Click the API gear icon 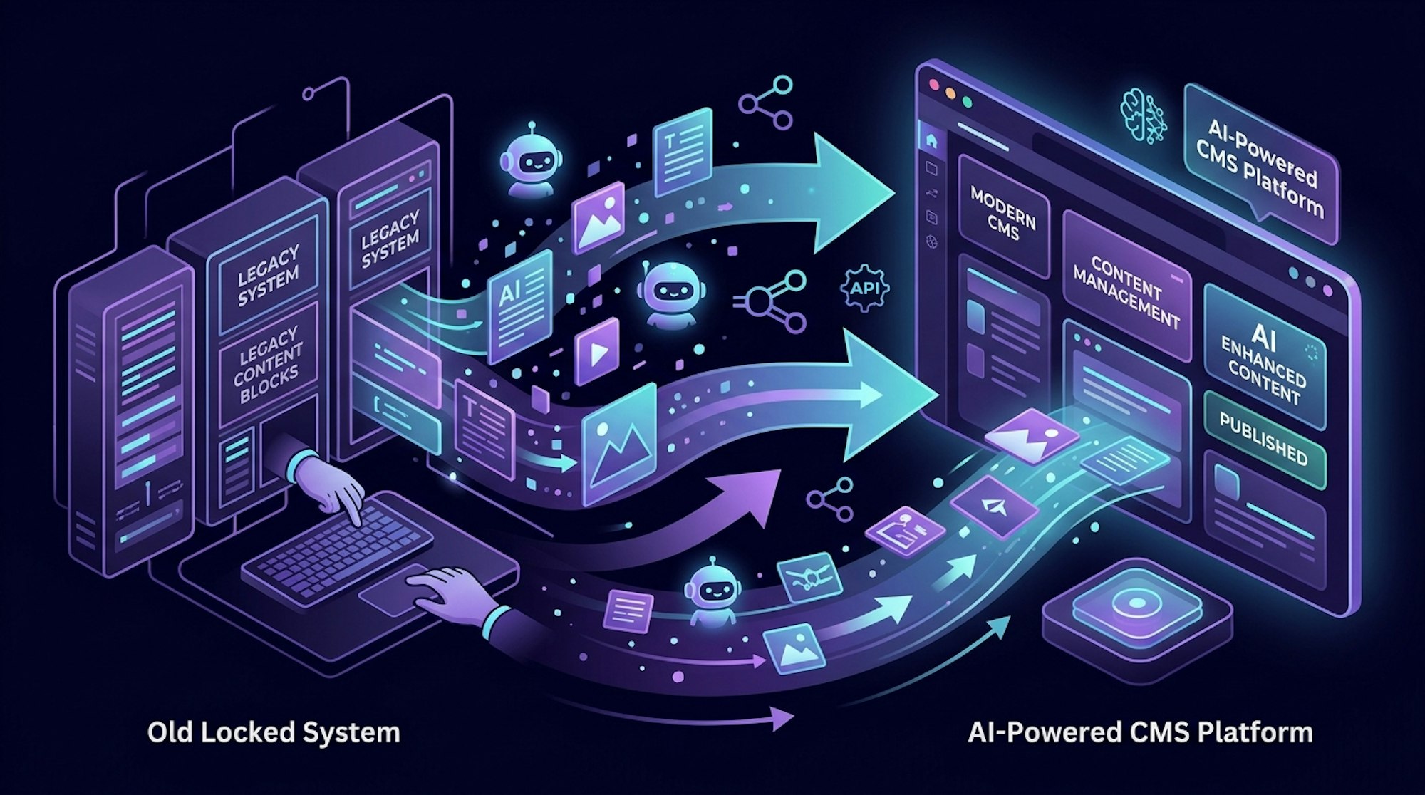pyautogui.click(x=865, y=289)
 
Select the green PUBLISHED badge pyautogui.click(x=1264, y=437)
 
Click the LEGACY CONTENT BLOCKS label pyautogui.click(x=268, y=365)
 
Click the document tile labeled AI pyautogui.click(x=519, y=300)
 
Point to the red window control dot pyautogui.click(x=934, y=83)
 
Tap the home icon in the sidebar pyautogui.click(x=931, y=140)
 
